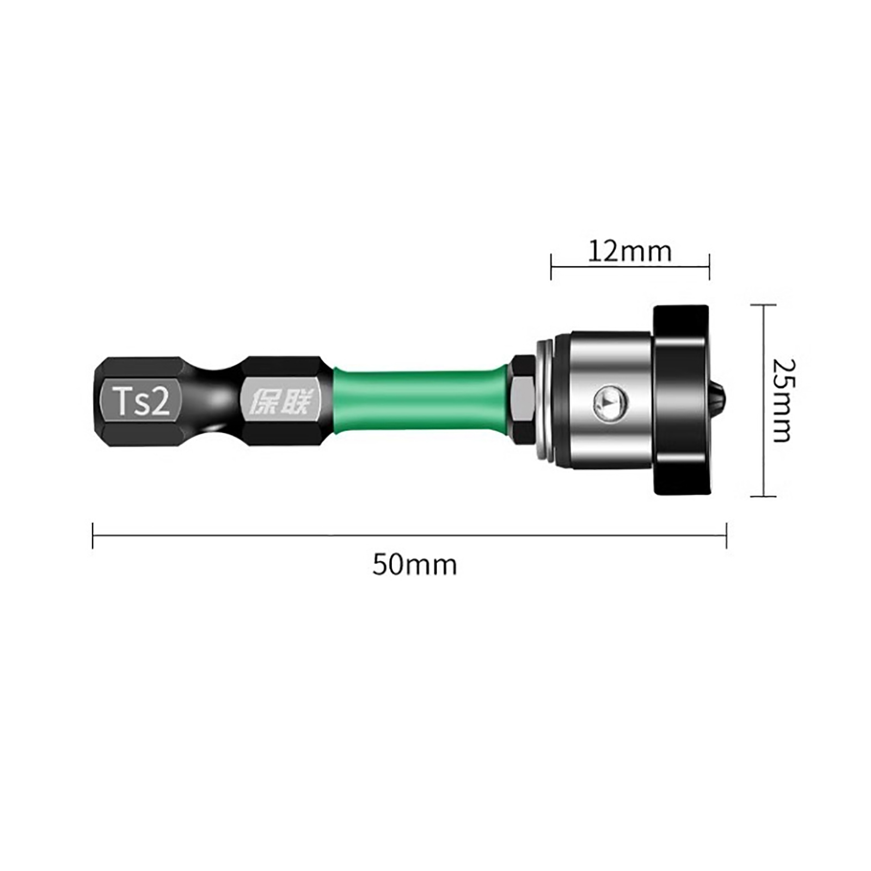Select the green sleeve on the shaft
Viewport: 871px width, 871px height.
[422, 402]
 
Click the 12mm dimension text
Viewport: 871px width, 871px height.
[630, 252]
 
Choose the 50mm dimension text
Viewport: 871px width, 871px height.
[414, 565]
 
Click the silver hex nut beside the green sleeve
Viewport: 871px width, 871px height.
[523, 401]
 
